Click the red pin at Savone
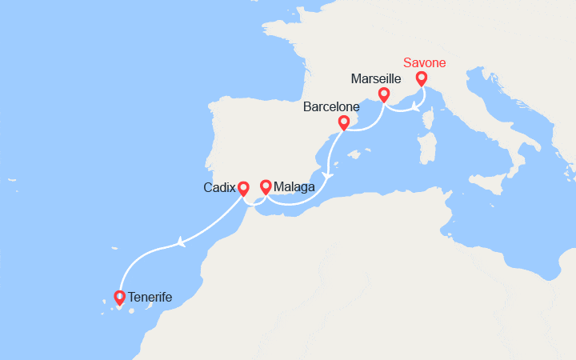(x=422, y=78)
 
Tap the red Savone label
(x=424, y=62)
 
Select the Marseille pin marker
(x=384, y=95)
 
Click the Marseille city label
(x=376, y=78)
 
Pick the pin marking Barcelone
(x=344, y=122)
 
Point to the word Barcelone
(x=331, y=106)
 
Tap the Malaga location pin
(x=265, y=186)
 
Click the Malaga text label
(x=294, y=187)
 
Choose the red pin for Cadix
(x=244, y=188)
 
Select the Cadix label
(x=220, y=188)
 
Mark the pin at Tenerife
(x=120, y=298)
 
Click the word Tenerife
(x=150, y=298)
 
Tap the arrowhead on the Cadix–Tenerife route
(x=184, y=241)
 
